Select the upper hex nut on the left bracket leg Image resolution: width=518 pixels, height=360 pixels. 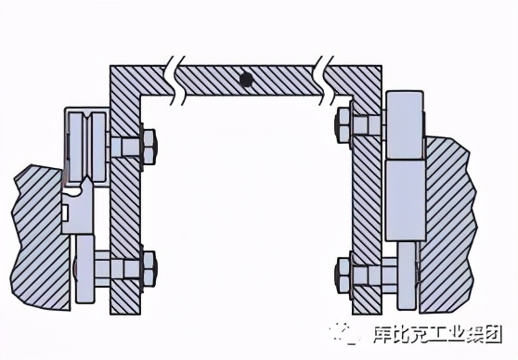pos(147,146)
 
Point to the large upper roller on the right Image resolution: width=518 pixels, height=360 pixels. pos(405,123)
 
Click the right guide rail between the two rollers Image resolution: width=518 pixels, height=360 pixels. pos(405,198)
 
